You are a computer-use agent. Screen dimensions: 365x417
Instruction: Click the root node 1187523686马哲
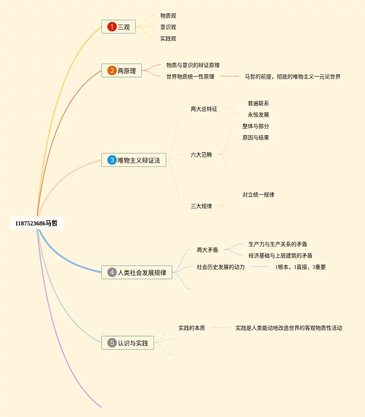coord(37,224)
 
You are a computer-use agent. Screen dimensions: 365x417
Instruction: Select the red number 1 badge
coord(112,27)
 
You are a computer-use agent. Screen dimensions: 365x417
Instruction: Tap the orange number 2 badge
coord(112,70)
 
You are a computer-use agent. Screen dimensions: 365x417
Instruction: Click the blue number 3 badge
coord(112,160)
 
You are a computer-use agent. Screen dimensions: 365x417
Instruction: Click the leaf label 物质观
coord(168,16)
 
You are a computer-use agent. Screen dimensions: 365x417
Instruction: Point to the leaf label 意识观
coord(168,27)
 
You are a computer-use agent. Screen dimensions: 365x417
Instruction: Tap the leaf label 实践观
coord(168,38)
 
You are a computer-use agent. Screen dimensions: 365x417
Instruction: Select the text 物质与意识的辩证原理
coord(193,65)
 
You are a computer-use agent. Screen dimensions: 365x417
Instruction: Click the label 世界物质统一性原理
coord(190,77)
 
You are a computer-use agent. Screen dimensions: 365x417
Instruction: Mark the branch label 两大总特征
coord(204,109)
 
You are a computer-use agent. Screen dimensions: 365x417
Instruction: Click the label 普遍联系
coord(258,103)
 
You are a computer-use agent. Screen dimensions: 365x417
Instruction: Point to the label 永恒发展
coord(258,115)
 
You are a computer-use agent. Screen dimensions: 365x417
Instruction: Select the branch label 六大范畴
coord(201,155)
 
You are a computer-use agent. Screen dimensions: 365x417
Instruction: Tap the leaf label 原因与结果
coord(256,137)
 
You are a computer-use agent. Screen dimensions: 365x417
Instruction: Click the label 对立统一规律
coord(258,195)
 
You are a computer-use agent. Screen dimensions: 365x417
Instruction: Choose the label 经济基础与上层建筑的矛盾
coord(281,256)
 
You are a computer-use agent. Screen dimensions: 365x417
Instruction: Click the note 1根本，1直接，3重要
coord(300,267)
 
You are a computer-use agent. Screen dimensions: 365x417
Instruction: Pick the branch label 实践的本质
coord(192,328)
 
